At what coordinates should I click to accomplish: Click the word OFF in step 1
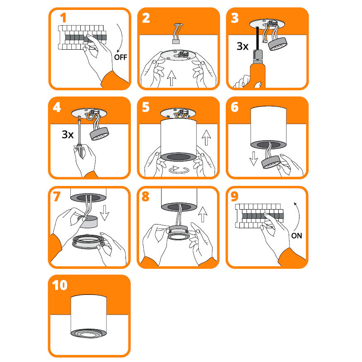(121, 57)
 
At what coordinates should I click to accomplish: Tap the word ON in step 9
(297, 236)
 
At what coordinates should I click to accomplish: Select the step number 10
(60, 285)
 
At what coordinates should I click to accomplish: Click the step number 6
(234, 107)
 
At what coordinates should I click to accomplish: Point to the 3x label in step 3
(242, 46)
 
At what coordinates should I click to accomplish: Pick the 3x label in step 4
(68, 134)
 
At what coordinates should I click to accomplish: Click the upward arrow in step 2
(171, 78)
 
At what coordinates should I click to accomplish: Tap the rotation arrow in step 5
(179, 170)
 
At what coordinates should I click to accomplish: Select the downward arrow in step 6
(253, 158)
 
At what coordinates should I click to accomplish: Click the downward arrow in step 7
(105, 212)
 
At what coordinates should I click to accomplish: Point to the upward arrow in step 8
(203, 215)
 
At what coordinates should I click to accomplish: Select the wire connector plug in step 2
(176, 41)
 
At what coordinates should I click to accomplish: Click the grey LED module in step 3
(278, 44)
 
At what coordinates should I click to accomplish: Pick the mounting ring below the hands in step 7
(88, 242)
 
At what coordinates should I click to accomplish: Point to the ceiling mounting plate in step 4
(89, 113)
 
